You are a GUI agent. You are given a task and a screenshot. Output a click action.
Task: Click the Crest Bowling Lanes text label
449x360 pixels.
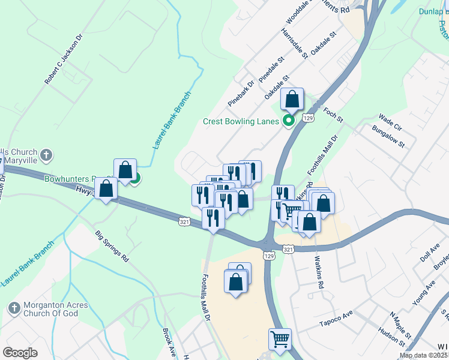pyautogui.click(x=241, y=121)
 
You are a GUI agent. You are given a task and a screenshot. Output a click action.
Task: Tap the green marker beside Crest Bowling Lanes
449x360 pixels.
pyautogui.click(x=288, y=121)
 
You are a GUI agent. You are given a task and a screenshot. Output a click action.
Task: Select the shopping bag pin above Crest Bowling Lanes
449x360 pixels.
pyautogui.click(x=292, y=100)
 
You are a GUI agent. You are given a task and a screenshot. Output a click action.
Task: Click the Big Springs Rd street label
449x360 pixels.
pyautogui.click(x=112, y=246)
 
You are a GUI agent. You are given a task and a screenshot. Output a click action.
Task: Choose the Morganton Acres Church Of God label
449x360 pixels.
pyautogui.click(x=55, y=310)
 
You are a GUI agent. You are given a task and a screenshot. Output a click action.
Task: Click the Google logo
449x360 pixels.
pyautogui.click(x=20, y=353)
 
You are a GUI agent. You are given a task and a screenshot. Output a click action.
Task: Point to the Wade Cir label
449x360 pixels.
pyautogui.click(x=390, y=122)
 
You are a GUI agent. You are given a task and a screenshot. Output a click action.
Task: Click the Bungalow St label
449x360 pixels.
pyautogui.click(x=388, y=137)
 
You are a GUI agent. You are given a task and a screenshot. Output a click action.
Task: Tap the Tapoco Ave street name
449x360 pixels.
pyautogui.click(x=352, y=317)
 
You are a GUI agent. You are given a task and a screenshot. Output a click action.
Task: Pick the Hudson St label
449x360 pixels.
pyautogui.click(x=391, y=337)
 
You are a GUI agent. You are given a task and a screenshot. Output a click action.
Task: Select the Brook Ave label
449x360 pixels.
pyautogui.click(x=169, y=342)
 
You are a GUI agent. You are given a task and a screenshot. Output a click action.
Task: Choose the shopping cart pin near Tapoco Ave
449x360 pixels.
pyautogui.click(x=280, y=340)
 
